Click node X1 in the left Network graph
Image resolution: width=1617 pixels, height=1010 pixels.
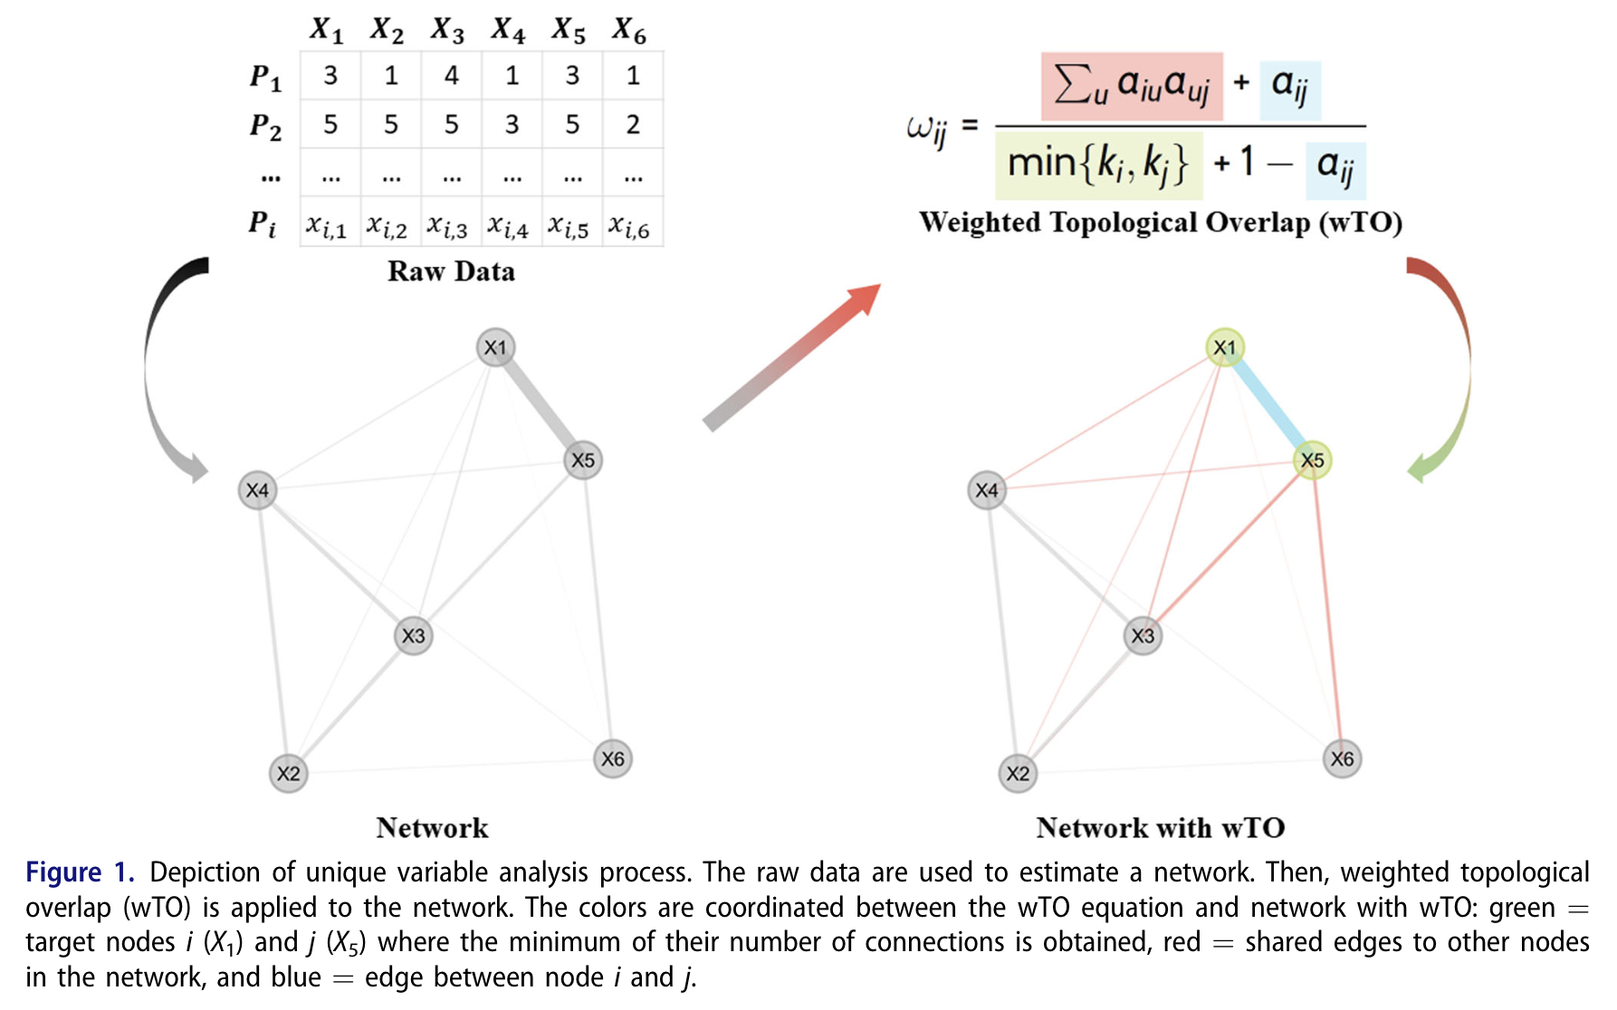coord(495,348)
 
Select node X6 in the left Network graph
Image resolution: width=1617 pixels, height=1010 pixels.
coord(613,759)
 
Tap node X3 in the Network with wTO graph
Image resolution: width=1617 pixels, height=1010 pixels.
coord(1143,636)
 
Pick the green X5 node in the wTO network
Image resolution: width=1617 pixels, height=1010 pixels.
coord(1312,461)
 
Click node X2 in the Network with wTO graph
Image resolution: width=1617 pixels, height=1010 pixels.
coord(1018,774)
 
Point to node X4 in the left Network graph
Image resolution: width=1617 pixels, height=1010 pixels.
coord(257,491)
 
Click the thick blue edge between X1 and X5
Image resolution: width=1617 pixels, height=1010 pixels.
coord(1268,404)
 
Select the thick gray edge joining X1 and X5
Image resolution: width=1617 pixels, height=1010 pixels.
coord(540,404)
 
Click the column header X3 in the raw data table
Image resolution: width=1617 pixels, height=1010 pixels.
coord(447,30)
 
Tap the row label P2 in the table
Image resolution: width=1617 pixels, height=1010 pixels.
coord(265,125)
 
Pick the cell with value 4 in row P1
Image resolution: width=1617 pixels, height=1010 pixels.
coord(451,75)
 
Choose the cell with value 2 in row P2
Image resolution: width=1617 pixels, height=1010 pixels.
coord(633,124)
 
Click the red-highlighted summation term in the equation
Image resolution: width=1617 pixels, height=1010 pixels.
coord(1132,86)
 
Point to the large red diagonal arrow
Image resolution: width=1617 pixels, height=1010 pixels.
coord(791,357)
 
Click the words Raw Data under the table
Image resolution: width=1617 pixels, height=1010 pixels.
coord(451,272)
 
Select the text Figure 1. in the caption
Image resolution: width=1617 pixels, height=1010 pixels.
coord(80,872)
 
